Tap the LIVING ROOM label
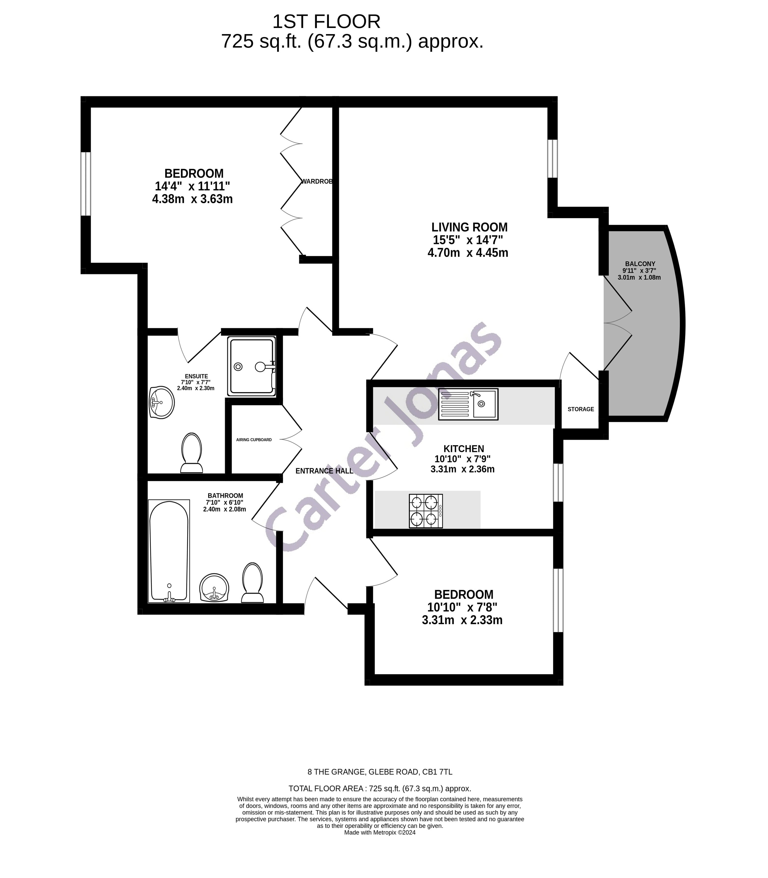[469, 227]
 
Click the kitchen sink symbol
[468, 404]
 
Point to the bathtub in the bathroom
[169, 551]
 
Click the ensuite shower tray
[252, 366]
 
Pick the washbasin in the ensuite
[162, 402]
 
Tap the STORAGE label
[581, 409]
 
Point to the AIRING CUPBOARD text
[254, 440]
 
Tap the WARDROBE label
[317, 182]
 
